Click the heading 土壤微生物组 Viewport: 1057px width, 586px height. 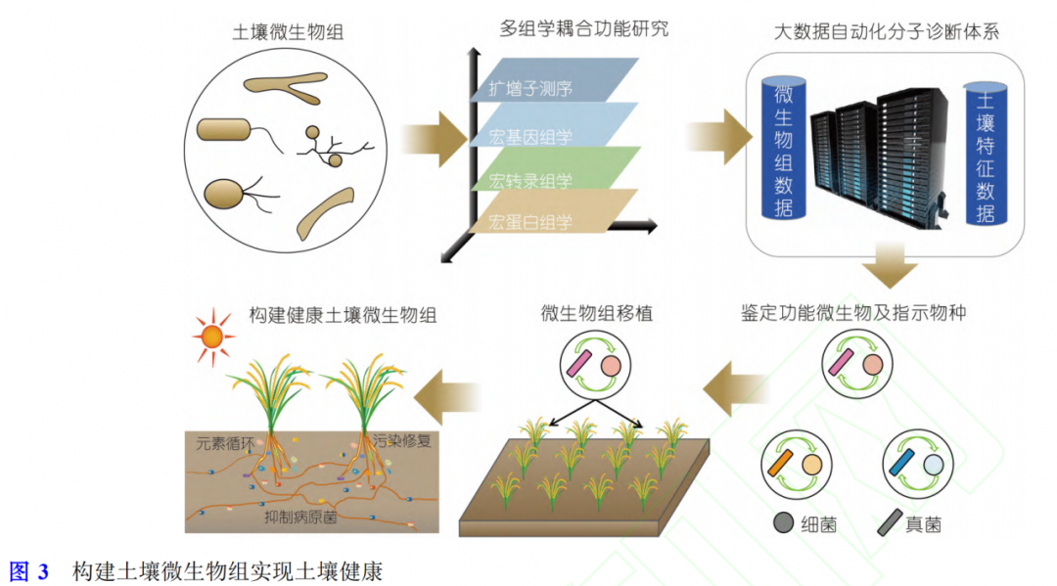(x=288, y=32)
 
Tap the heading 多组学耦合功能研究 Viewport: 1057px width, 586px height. (x=584, y=28)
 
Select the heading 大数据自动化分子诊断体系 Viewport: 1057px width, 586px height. (x=886, y=32)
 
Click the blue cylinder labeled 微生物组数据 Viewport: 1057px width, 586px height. (x=783, y=150)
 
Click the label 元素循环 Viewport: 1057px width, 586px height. (x=225, y=441)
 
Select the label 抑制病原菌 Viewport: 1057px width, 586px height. (x=300, y=517)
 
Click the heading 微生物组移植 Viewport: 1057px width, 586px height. (x=596, y=314)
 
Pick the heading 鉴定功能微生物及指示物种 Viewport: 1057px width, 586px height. (x=853, y=314)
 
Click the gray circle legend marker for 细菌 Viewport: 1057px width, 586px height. (x=783, y=523)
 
